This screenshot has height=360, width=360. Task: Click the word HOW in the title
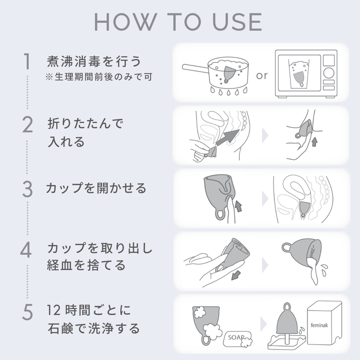coord(125,22)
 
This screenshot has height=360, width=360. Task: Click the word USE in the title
coord(237,22)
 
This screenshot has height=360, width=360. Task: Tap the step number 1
coord(27,61)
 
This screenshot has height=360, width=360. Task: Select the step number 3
coord(27,189)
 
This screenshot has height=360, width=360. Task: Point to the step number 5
coord(27,312)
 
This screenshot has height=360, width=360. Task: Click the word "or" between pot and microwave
coord(261,75)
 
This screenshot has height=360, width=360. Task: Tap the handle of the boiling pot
coord(195,68)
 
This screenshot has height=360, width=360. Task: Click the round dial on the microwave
coord(329,73)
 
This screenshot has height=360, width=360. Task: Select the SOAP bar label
coord(236,337)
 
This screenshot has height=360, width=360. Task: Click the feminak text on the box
coord(319,325)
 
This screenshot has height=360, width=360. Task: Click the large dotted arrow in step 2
coord(227,137)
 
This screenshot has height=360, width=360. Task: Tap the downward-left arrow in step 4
coord(236,275)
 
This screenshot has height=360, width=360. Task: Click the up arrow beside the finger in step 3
coord(238,206)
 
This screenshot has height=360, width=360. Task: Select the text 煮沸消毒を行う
coord(94,61)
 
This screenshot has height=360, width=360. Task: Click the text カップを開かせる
coord(96,188)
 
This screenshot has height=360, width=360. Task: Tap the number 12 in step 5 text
coord(53,310)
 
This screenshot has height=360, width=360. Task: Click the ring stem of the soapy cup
coord(205,340)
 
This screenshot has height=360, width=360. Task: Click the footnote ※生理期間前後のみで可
coord(98,77)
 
